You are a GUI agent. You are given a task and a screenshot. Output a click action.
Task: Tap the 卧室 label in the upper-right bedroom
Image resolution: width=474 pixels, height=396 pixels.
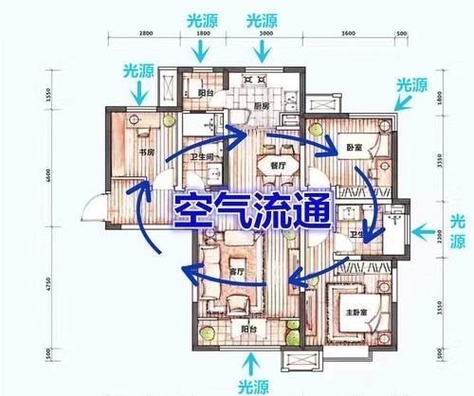(x=353, y=148)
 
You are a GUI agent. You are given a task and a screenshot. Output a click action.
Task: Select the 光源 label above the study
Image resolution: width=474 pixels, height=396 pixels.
(x=139, y=72)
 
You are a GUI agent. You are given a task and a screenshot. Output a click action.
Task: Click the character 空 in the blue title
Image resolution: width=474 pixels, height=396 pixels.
(x=190, y=210)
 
